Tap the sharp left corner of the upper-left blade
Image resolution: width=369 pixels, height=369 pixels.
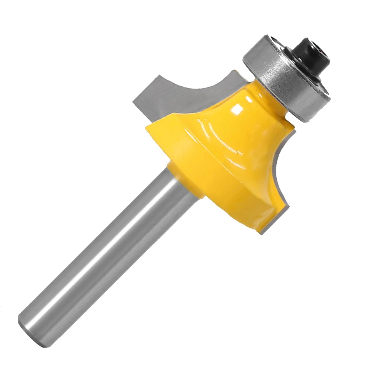pyautogui.click(x=133, y=100)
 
